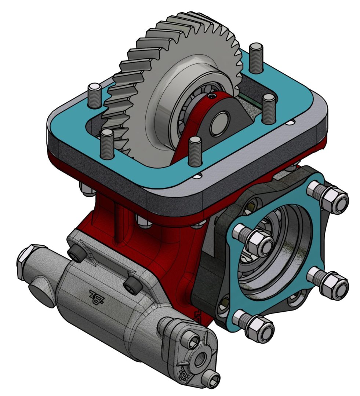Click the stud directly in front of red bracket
click(x=195, y=150)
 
